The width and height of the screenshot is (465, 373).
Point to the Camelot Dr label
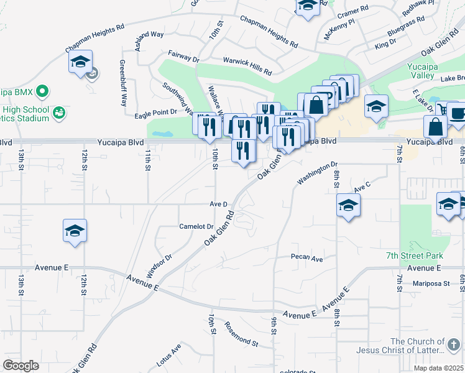click(196, 226)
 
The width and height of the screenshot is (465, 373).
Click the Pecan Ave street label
click(307, 257)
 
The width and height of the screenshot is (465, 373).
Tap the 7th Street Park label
click(415, 256)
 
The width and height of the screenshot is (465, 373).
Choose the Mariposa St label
click(431, 283)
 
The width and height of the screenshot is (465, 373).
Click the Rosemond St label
click(241, 334)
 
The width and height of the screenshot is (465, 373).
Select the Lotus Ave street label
click(168, 353)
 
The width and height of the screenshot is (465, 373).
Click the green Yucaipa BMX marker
click(42, 92)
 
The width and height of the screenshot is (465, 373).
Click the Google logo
click(21, 365)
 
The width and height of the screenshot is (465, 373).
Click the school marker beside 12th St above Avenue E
click(75, 231)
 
